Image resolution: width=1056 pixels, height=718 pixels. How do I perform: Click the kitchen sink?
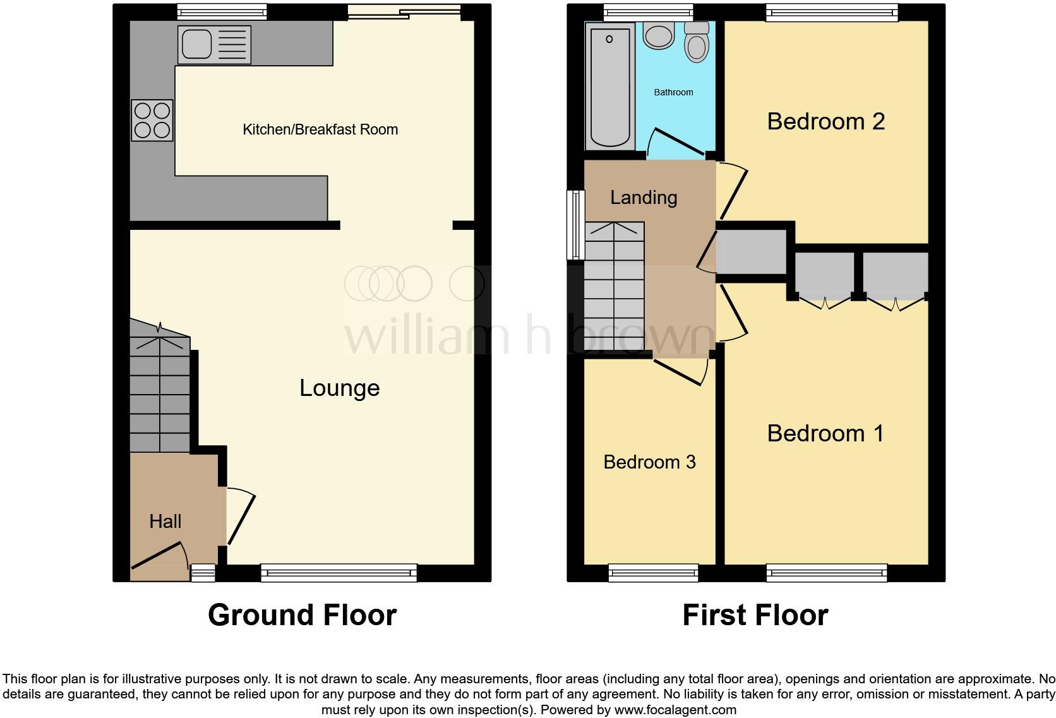coord(214,45)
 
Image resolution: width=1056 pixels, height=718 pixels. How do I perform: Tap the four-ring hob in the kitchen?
coord(152,120)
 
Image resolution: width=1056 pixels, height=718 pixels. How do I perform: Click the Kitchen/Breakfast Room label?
coord(320,129)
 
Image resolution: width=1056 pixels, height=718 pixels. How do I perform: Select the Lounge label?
coord(339,388)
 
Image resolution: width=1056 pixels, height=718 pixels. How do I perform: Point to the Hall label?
coord(165,521)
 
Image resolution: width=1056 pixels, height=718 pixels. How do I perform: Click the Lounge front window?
coord(339,573)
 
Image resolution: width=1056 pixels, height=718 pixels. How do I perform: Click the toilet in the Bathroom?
coord(697,41)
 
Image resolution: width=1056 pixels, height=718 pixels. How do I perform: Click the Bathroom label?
coord(673,92)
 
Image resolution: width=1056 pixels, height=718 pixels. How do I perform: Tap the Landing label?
coord(644,198)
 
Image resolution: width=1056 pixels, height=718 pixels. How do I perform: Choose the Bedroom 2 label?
coord(825,121)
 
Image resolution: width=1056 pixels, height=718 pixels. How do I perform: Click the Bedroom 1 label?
coord(825,433)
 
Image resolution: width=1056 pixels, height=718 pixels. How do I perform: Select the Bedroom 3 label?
coord(649,462)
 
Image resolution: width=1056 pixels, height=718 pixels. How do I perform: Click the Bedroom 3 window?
coord(654,573)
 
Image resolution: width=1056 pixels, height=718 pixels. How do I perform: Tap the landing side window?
coord(575,225)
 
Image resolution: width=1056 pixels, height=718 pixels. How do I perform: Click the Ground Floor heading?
coord(302,614)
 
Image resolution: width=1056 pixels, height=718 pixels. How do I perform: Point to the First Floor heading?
coord(755,614)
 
